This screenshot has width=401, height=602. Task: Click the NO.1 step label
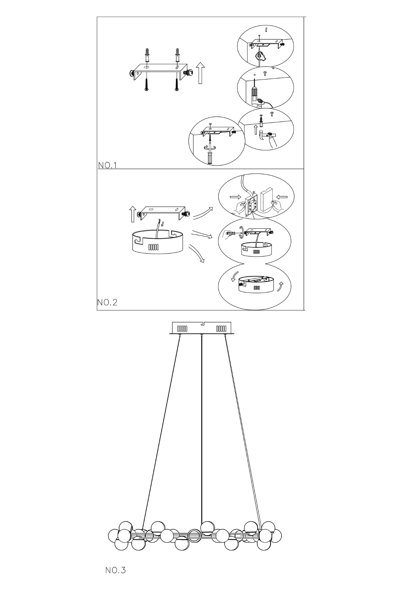pos(107,165)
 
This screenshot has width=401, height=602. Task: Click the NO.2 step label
pos(107,302)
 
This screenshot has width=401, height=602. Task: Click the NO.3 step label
pos(115,570)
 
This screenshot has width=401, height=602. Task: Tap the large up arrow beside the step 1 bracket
pos(200,74)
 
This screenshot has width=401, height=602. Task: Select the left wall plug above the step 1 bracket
pos(147,55)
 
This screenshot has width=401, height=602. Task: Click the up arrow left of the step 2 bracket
pos(133,214)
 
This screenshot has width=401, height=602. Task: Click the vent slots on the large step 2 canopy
pos(153,247)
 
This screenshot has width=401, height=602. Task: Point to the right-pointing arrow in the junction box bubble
pos(235,197)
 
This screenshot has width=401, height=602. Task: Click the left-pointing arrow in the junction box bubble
pos(282,197)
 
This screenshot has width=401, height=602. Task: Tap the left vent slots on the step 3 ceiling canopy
pos(182,329)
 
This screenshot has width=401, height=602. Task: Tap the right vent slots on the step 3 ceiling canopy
pos(221,329)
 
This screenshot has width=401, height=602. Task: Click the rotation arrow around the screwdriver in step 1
pos(211,147)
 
